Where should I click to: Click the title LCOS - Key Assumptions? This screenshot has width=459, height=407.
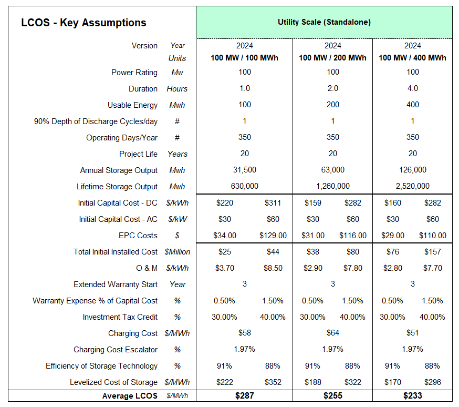(84, 23)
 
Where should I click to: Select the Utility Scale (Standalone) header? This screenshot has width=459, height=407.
(324, 22)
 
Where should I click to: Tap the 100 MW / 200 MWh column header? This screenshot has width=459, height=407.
(332, 57)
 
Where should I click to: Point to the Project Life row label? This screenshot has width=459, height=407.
(138, 154)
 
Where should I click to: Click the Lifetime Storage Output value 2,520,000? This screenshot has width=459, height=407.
(412, 186)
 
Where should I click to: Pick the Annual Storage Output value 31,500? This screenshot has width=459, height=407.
(244, 170)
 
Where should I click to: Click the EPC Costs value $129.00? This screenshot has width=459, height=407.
(273, 236)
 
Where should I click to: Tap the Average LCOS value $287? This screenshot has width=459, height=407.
(244, 395)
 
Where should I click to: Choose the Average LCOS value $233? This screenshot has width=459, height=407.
(412, 395)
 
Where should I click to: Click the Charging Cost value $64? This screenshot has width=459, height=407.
(332, 333)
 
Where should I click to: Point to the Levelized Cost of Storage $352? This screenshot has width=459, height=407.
(273, 382)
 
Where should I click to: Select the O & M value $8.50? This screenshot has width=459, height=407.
(273, 268)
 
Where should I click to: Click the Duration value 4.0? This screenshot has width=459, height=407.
(412, 89)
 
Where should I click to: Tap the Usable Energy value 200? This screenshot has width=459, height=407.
(332, 105)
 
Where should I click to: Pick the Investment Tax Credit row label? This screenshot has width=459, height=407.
(120, 317)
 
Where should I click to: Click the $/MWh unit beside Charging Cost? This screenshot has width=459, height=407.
(177, 333)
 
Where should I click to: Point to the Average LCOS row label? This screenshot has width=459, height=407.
(130, 395)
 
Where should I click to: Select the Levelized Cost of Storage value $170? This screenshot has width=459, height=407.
(392, 382)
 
